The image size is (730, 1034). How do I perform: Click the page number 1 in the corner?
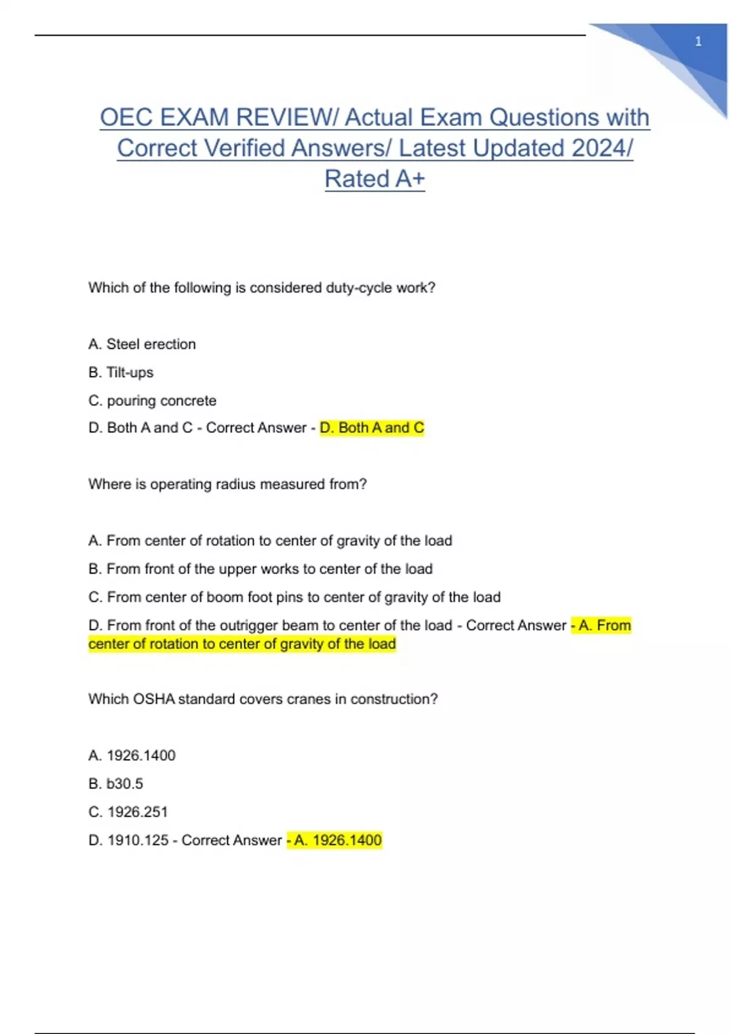click(698, 41)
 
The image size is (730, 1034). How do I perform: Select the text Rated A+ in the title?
click(375, 179)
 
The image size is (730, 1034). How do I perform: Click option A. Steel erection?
click(142, 344)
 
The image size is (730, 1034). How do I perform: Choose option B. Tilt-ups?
click(121, 372)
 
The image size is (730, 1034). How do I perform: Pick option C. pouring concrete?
click(152, 401)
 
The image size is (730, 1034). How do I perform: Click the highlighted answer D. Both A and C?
click(372, 428)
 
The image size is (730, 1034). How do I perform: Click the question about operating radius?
click(228, 484)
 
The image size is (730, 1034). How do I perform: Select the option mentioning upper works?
click(260, 569)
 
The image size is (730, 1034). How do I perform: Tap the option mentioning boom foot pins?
click(294, 597)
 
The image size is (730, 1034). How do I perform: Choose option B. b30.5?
click(116, 783)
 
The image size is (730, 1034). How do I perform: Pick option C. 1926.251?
click(128, 812)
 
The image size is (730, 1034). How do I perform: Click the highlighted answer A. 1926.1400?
click(335, 841)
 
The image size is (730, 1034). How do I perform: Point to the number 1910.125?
click(138, 841)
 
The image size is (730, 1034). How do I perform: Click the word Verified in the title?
click(334, 148)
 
